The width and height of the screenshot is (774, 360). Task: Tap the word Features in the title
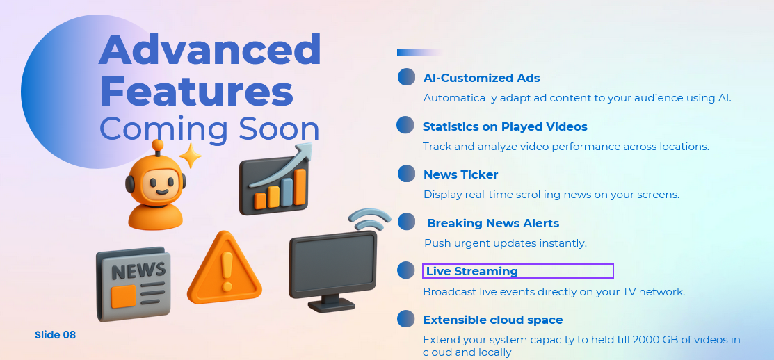point(197,92)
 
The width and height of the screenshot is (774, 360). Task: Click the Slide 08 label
point(56,335)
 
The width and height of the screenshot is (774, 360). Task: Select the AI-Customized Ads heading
point(482,78)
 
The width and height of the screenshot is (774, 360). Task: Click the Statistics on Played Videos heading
point(505,126)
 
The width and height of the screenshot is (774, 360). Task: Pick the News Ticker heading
point(460,174)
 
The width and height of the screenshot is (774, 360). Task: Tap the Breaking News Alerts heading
point(492,223)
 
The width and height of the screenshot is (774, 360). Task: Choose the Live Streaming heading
point(472,271)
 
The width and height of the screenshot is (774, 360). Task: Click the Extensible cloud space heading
point(492,320)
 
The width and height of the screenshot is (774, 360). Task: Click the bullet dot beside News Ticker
point(406,174)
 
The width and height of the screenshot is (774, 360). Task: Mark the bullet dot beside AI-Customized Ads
point(406,77)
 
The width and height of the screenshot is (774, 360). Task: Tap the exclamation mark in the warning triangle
point(226,271)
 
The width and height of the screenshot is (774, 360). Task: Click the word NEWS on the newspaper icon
point(138,270)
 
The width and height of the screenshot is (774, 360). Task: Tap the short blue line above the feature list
point(419,52)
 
